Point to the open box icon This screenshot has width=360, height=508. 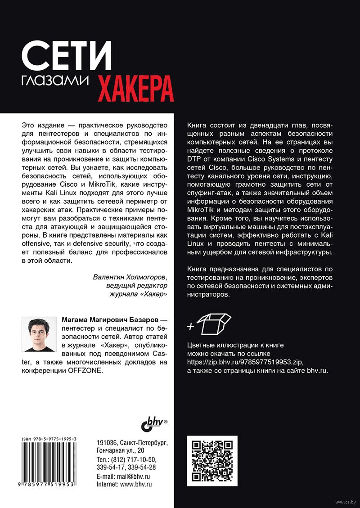[x=214, y=323]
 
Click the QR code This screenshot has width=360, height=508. [x=212, y=460]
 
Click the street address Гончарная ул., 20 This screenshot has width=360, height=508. [x=121, y=450]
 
